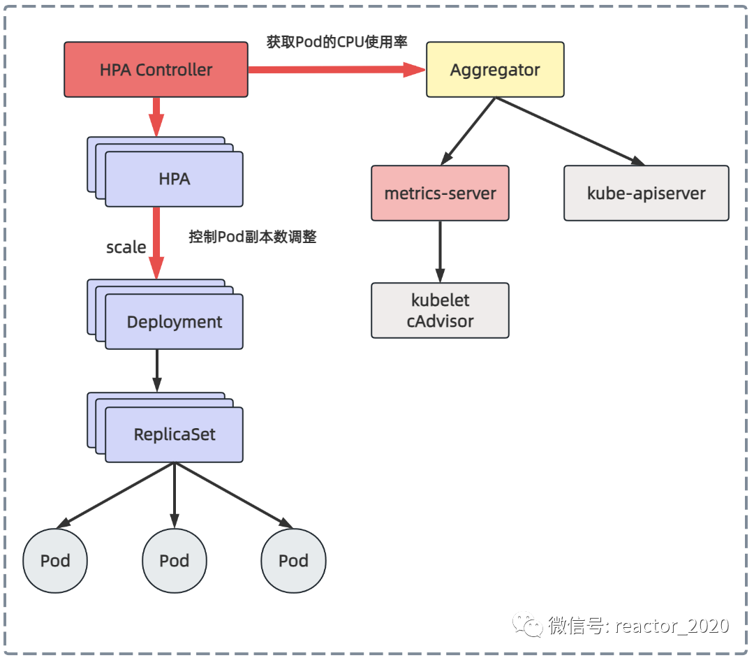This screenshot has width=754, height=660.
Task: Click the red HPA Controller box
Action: [x=156, y=70]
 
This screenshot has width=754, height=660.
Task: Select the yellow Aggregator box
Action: [x=495, y=70]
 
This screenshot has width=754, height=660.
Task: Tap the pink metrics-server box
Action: [x=440, y=193]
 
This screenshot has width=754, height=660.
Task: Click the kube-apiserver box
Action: [x=646, y=193]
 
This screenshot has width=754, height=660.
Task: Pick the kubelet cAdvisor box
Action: [x=440, y=311]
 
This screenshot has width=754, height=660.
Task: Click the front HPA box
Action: [x=174, y=179]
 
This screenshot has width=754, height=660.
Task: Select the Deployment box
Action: [x=174, y=322]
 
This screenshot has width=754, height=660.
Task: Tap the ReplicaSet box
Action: [x=174, y=434]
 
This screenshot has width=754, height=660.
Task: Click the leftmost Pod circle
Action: [x=55, y=561]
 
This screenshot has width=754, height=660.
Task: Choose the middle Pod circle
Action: [x=175, y=561]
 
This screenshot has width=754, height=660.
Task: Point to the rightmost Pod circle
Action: [x=293, y=561]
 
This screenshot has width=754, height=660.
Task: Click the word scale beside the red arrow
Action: [x=126, y=247]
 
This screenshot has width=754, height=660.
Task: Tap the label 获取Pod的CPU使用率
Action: [x=337, y=42]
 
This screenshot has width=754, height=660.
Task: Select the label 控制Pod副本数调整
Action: [x=253, y=237]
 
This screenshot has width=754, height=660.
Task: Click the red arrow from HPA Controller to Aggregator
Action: [x=335, y=69]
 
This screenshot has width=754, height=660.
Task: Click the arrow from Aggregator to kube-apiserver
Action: [x=569, y=131]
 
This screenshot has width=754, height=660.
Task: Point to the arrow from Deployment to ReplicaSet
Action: [x=157, y=370]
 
